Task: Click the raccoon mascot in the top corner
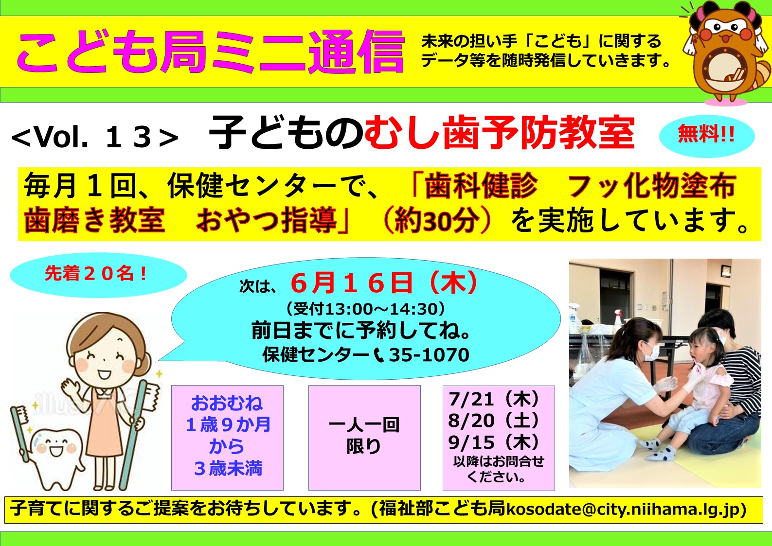click(726, 52)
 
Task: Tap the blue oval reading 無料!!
click(707, 136)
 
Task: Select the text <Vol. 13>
click(95, 137)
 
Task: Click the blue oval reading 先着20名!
click(98, 275)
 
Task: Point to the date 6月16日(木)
click(384, 283)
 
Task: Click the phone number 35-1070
click(429, 355)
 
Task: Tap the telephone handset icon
click(379, 355)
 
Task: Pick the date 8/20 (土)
click(494, 421)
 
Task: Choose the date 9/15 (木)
click(494, 442)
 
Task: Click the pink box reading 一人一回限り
click(364, 438)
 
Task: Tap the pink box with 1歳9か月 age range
click(227, 438)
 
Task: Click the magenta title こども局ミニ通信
click(210, 52)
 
